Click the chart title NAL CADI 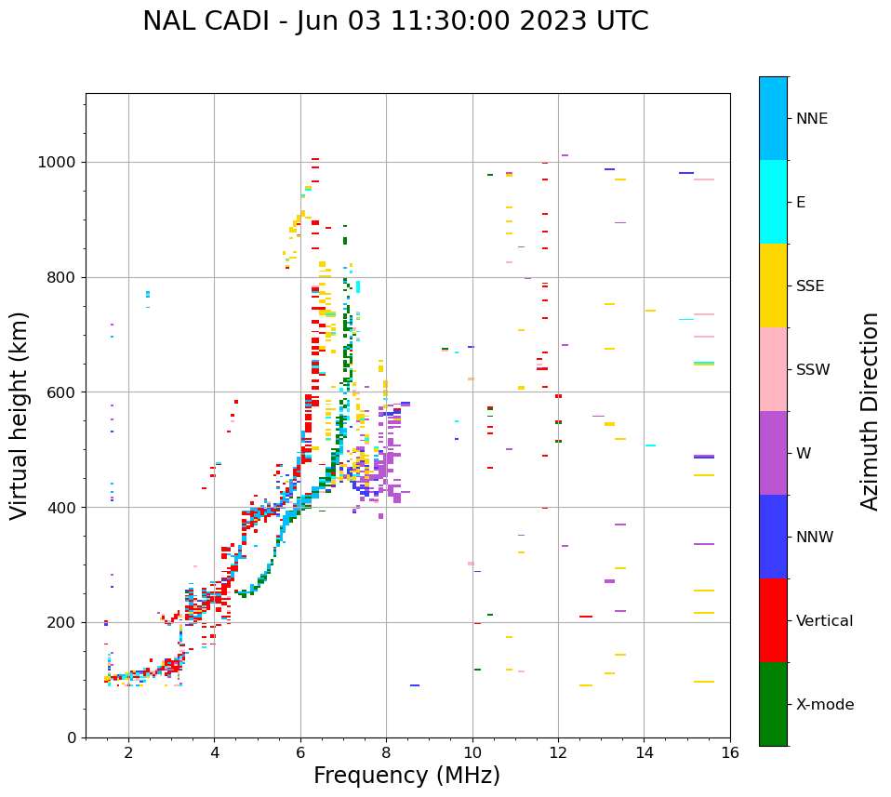(x=395, y=21)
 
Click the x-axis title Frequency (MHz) (x=406, y=776)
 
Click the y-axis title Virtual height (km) (x=20, y=416)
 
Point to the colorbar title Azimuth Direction (x=870, y=411)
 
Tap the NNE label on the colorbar (x=812, y=119)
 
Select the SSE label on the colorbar (x=810, y=286)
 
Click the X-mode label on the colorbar (x=825, y=704)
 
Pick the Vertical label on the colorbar (x=824, y=621)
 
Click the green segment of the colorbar (x=773, y=704)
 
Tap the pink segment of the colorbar (x=773, y=369)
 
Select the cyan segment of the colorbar (x=773, y=202)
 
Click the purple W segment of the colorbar (x=773, y=453)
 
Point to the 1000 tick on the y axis (x=60, y=162)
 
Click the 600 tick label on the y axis (x=64, y=392)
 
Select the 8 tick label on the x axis (x=386, y=752)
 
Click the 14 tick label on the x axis (x=645, y=752)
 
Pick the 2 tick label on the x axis (x=128, y=752)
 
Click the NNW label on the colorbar (x=815, y=538)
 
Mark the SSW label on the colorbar (x=813, y=370)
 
